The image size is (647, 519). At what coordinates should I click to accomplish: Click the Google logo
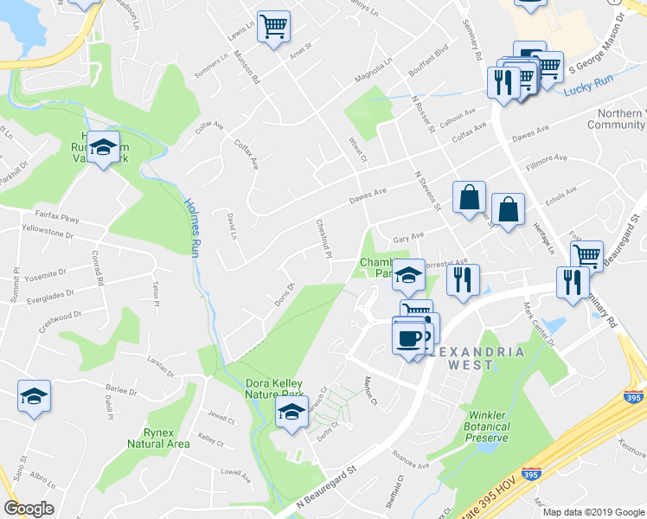(29, 509)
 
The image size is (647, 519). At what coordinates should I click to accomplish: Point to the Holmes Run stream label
(191, 227)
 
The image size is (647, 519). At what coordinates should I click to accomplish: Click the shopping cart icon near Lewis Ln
(273, 27)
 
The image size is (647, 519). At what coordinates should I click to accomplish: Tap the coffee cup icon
(408, 336)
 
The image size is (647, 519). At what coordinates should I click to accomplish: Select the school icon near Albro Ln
(35, 397)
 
